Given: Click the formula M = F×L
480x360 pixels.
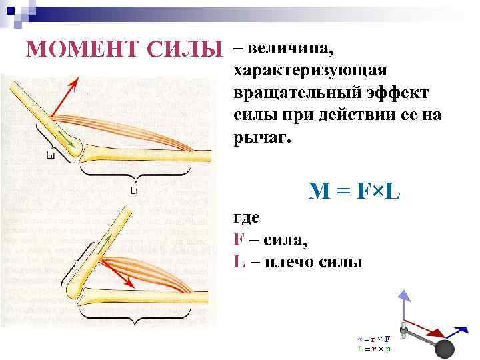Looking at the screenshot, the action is [x=354, y=191].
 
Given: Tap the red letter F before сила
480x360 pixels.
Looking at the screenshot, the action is [x=239, y=239].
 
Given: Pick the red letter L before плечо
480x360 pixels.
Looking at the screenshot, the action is [x=239, y=261].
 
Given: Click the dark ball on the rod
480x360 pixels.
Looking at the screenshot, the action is [x=443, y=349].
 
